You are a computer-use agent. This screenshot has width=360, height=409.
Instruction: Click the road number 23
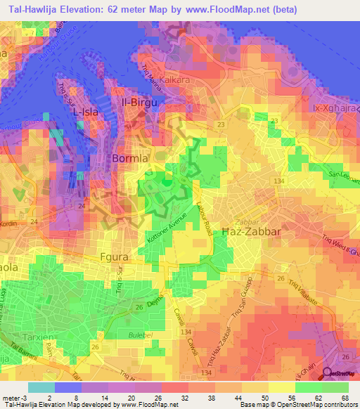pyautogui.click(x=221, y=124)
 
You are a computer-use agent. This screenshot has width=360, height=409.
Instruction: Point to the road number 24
pyautogui.click(x=82, y=206)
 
